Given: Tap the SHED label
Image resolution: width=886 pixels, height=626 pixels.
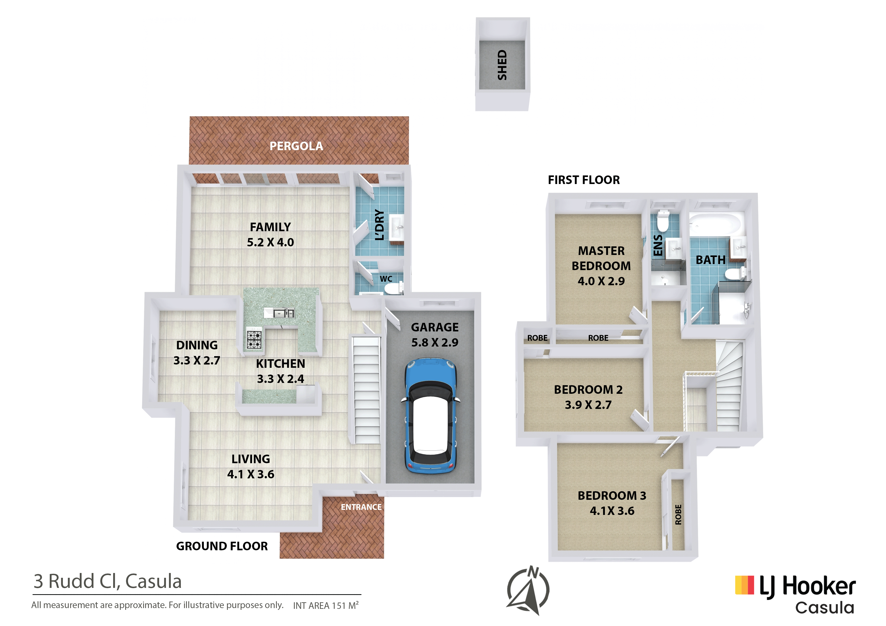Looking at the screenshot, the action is [x=502, y=65].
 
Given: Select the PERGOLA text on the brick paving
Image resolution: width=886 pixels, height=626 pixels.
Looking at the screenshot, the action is [x=296, y=146].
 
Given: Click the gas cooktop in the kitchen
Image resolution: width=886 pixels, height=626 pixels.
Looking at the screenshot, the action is [x=254, y=340].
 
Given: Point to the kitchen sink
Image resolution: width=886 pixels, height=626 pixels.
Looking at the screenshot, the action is [x=279, y=312].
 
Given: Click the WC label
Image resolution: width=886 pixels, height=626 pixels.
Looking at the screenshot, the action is [x=386, y=279].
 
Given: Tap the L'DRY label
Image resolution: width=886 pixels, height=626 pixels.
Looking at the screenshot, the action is [x=380, y=225].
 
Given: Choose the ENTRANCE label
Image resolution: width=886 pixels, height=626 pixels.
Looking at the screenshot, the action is [x=361, y=507].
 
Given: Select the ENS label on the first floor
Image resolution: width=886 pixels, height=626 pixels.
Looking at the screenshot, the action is [x=658, y=245].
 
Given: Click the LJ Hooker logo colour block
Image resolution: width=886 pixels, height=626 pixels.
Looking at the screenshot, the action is [x=744, y=585].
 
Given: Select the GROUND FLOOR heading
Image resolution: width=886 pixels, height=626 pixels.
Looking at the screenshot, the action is [x=222, y=546].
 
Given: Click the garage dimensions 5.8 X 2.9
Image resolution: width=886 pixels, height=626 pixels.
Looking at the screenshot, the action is [x=435, y=343].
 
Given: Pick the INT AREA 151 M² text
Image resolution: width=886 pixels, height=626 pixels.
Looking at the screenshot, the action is [x=326, y=605].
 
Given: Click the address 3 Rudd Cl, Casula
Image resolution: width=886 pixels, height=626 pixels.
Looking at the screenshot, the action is [x=107, y=581].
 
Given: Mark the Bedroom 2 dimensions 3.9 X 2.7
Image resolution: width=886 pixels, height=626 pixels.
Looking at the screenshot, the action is [x=588, y=405].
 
